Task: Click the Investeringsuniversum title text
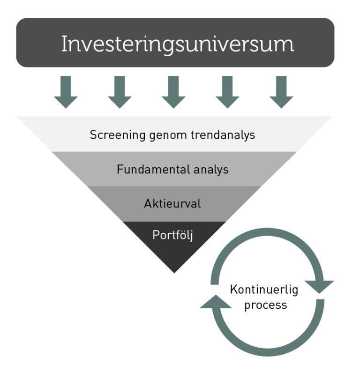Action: pos(177,45)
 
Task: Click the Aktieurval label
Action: pos(172,204)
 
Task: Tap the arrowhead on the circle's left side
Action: pos(216,302)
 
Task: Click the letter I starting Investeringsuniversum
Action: pos(64,45)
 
